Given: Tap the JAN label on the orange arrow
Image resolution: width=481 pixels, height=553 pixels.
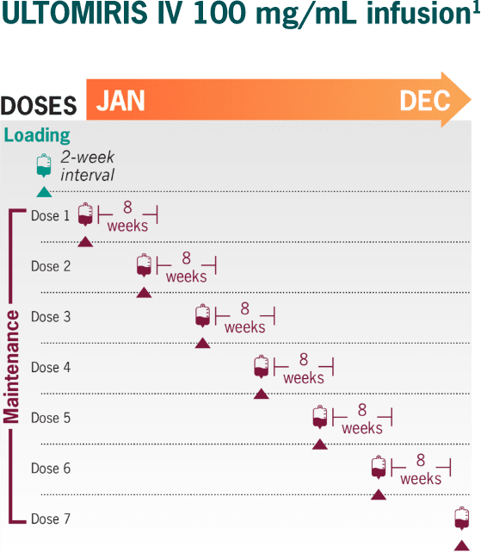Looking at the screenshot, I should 120,101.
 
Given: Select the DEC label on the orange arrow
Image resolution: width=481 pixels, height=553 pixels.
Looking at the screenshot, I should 424,101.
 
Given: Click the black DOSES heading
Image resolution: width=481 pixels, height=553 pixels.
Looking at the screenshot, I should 40,105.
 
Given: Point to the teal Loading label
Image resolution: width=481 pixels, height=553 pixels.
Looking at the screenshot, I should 37,135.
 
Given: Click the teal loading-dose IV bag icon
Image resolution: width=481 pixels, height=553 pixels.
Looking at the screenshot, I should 44,165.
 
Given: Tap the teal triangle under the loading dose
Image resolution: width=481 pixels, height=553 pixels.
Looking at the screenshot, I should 44,191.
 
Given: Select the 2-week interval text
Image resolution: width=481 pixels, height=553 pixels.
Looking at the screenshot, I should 87,166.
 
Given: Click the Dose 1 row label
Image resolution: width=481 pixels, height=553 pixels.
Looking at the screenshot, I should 51,215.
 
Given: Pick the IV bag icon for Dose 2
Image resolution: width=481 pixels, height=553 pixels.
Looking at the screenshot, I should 145,265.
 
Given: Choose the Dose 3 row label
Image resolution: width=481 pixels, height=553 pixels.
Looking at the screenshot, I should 51,317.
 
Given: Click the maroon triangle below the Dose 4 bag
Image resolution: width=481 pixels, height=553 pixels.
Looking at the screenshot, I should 262,394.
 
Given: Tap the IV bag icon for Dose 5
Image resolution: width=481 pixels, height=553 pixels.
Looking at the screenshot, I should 320,418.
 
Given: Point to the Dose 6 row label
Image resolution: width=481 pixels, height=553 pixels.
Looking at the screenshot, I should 51,469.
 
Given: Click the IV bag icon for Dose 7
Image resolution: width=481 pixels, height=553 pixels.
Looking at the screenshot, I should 463,519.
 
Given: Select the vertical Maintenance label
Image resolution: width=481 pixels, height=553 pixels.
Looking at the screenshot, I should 12,366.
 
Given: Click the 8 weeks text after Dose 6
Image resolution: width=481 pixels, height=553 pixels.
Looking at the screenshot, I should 420,469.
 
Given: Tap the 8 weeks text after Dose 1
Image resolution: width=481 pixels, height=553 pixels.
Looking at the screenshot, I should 127,217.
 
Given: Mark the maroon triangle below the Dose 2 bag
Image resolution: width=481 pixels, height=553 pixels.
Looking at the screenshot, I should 145,292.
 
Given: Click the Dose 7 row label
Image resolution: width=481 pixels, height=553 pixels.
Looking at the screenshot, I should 51,519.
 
